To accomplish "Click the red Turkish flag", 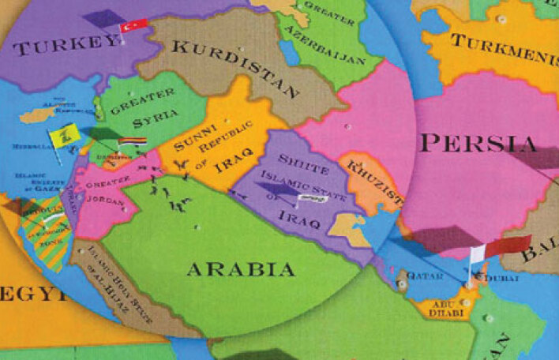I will pyautogui.click(x=133, y=25).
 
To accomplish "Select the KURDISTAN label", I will pyautogui.click(x=229, y=59).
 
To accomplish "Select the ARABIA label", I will pyautogui.click(x=241, y=269).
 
